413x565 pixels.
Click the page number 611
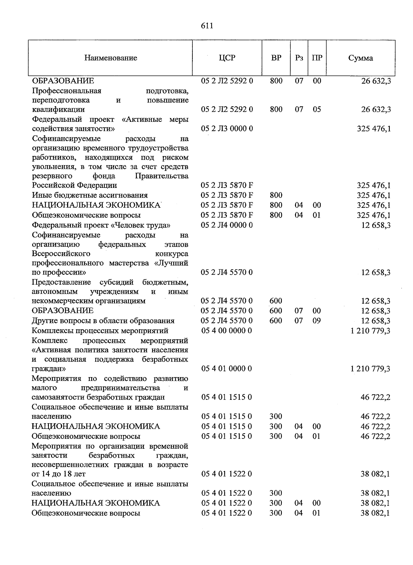tap(207, 26)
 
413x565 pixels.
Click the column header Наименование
tap(110, 58)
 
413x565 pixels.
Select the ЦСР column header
tap(227, 58)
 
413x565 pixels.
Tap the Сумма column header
tap(360, 58)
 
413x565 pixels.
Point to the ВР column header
tap(276, 58)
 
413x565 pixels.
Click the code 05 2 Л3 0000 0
tap(227, 129)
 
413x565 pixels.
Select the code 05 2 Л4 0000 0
tap(227, 225)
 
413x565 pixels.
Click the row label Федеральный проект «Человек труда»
tap(101, 225)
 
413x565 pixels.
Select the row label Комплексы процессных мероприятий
tap(100, 331)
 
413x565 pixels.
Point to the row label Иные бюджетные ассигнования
tap(89, 195)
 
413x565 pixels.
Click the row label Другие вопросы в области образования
tap(103, 321)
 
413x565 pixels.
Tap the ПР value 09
tap(317, 321)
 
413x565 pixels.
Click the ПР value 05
tap(317, 109)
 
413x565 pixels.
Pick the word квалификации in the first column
tap(58, 109)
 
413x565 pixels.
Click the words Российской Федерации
tap(74, 185)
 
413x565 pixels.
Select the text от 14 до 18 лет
tap(59, 474)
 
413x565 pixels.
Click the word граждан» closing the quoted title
tap(49, 369)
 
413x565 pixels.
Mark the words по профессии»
tap(59, 273)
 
